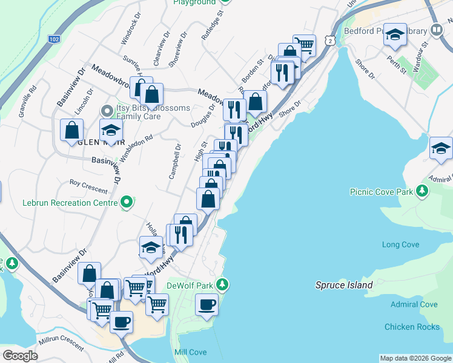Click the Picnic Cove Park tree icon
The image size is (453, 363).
click(422, 191)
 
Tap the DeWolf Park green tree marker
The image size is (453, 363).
click(223, 284)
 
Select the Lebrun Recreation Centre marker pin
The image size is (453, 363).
click(127, 202)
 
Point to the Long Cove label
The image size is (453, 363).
click(400, 244)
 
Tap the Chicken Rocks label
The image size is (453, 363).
click(412, 327)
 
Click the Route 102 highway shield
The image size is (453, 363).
click(55, 39)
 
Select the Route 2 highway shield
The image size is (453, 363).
click(329, 39)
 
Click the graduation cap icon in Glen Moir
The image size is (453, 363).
click(111, 130)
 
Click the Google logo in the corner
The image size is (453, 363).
click(20, 356)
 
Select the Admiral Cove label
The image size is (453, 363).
click(414, 304)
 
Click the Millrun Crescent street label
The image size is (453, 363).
click(60, 342)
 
